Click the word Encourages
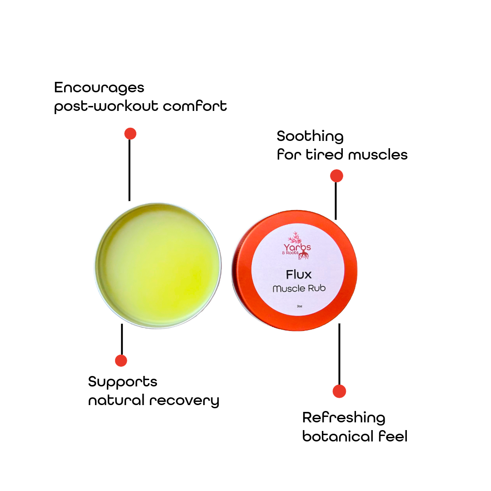pos(99,88)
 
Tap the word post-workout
pos(106,106)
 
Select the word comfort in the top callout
pos(195,106)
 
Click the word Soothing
pos(310,136)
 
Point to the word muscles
pos(378,155)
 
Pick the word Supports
pos(122,382)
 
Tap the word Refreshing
pos(344,418)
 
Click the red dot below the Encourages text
pos(130,134)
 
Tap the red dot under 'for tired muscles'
pos(336,175)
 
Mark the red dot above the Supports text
pos(121,361)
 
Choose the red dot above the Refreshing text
pos(339,391)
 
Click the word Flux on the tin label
pos(299,275)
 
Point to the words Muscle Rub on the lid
pos(299,288)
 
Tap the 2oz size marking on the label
pos(299,306)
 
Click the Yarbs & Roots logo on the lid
pos(296,246)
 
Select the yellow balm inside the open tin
pos(158,266)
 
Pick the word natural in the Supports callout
pos(116,401)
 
